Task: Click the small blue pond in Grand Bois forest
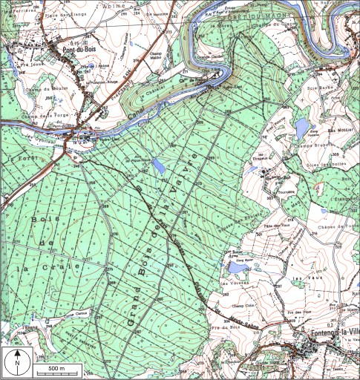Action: point(160,166)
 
